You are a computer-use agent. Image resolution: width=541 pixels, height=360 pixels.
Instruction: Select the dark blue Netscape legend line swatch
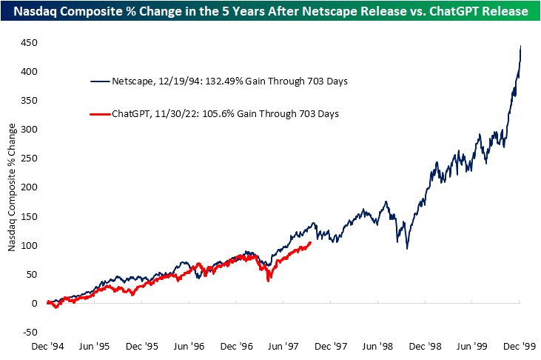point(100,81)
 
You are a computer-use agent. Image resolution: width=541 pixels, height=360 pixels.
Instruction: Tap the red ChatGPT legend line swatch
point(100,113)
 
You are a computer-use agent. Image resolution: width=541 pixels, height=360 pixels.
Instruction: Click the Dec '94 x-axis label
point(48,345)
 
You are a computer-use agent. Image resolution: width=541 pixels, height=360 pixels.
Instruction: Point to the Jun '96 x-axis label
point(190,345)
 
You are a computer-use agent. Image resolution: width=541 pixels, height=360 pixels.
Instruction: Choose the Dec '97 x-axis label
point(332,345)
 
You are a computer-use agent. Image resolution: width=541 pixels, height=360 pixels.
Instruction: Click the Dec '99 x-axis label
point(520,345)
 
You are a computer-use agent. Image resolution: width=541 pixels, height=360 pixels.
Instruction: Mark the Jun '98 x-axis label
point(379,345)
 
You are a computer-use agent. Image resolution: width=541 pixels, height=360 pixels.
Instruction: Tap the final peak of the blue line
point(520,47)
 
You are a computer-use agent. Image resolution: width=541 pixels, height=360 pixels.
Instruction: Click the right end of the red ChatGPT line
point(310,242)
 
